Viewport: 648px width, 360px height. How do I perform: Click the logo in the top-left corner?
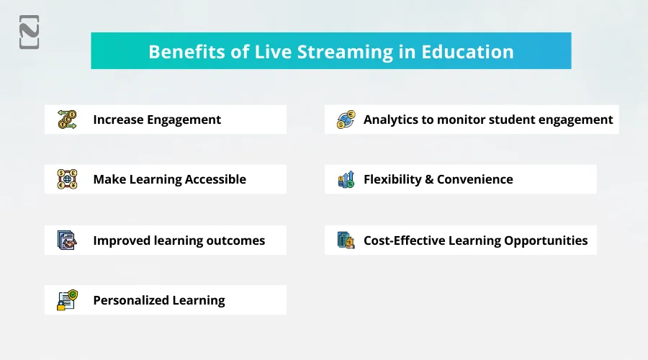[29, 32]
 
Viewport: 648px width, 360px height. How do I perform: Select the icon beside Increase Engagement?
[67, 120]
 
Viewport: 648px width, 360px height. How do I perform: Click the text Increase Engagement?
[157, 120]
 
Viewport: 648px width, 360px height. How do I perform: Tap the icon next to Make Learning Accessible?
[67, 179]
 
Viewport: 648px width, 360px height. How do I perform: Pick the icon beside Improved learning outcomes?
[67, 240]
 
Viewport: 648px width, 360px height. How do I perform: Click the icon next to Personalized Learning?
[67, 300]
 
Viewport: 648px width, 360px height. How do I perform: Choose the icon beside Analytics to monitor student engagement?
[346, 120]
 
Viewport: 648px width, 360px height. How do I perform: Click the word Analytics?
[390, 120]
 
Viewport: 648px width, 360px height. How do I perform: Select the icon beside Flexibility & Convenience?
[346, 179]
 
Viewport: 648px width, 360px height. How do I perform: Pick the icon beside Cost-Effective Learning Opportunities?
[346, 240]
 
